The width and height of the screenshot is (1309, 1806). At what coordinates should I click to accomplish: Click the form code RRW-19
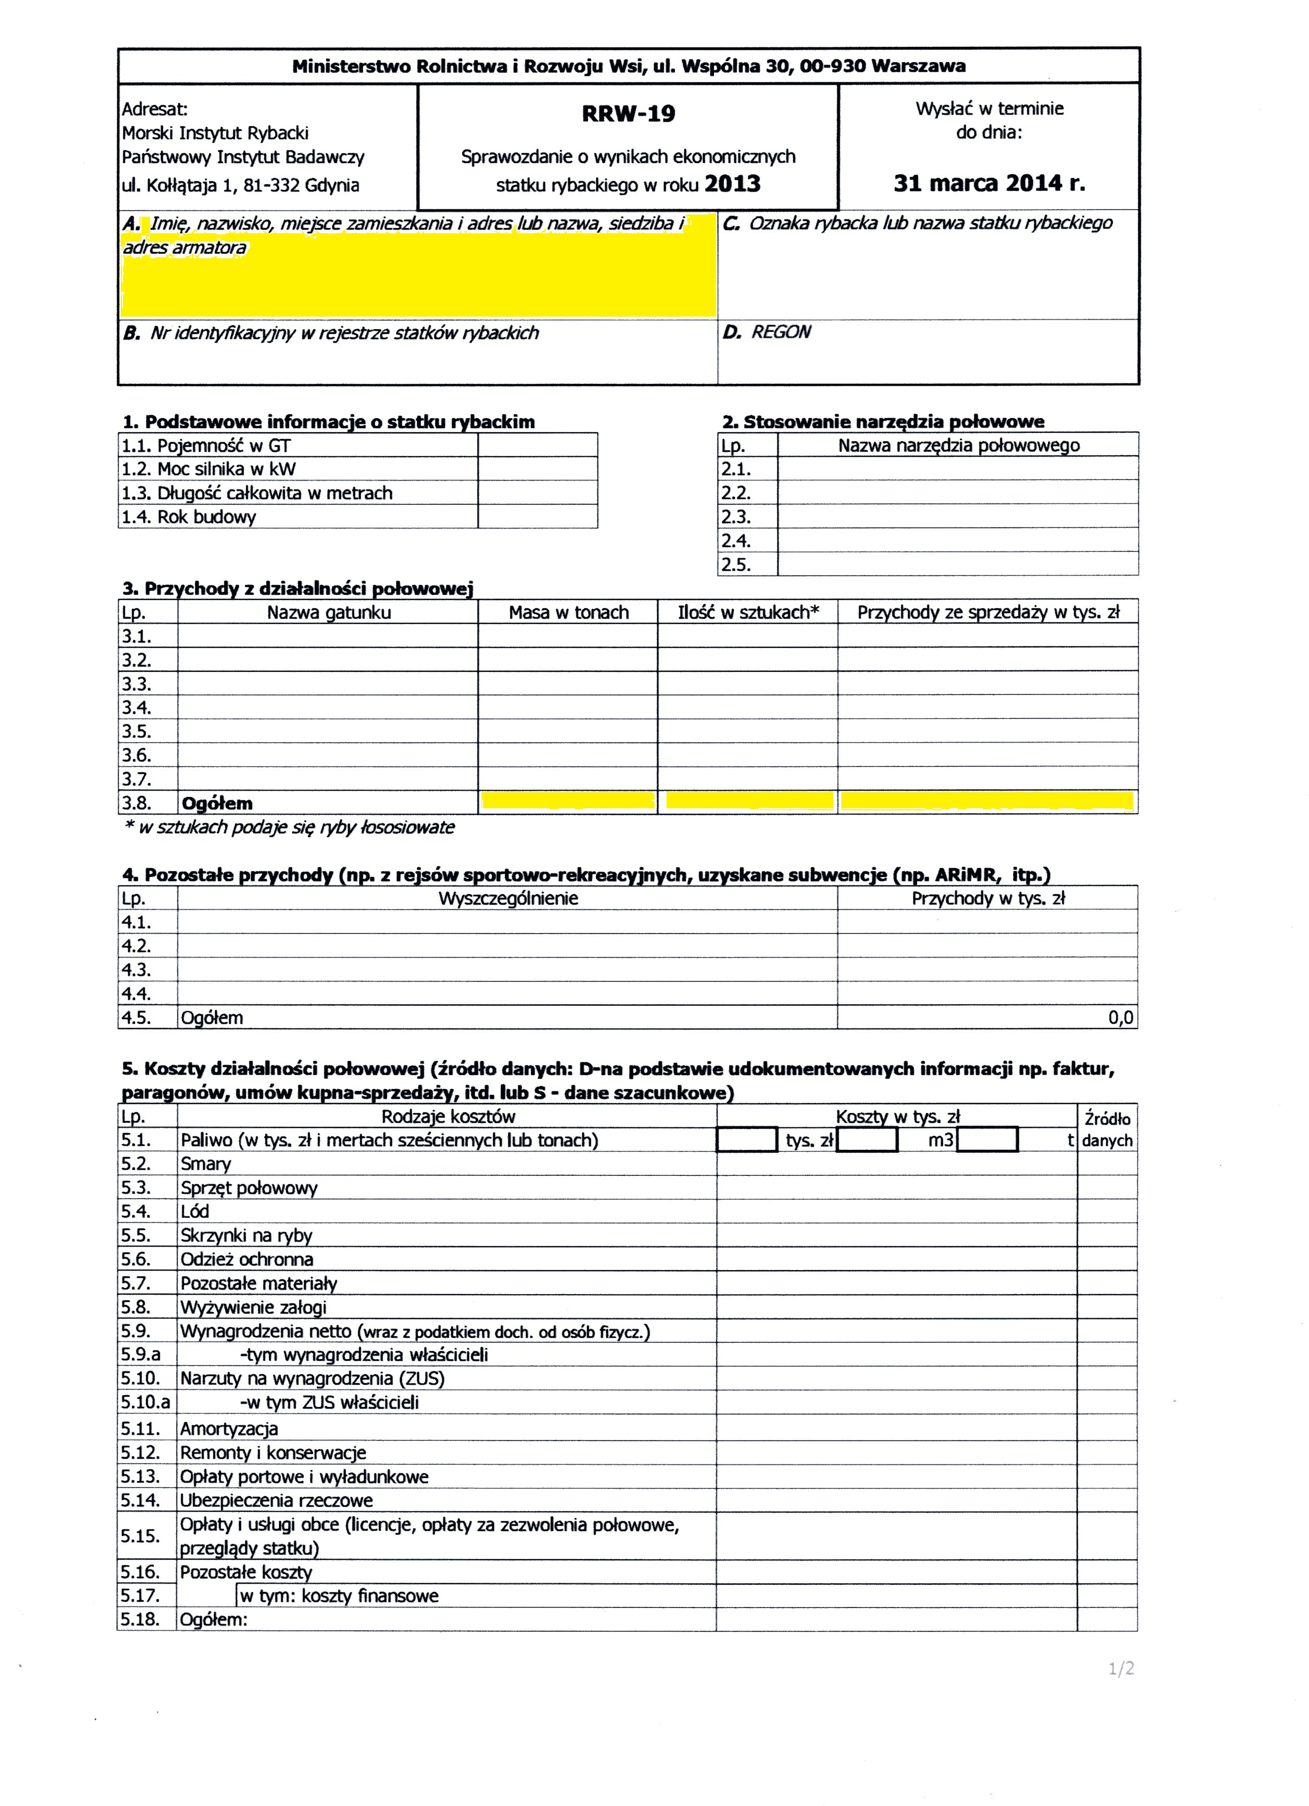tap(628, 114)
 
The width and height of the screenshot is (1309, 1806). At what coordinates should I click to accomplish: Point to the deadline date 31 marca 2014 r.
tap(989, 183)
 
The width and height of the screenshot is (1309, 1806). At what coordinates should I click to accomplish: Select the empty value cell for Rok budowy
tap(537, 517)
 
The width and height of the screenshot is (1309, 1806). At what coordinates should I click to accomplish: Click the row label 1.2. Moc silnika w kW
tap(209, 469)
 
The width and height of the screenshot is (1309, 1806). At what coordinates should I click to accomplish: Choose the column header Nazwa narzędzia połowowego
tap(958, 445)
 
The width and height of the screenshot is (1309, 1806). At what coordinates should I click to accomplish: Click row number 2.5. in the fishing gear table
tap(736, 565)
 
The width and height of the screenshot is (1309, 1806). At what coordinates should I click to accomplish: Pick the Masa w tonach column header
tap(569, 612)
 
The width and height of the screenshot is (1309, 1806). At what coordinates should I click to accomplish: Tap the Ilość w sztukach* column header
tap(748, 612)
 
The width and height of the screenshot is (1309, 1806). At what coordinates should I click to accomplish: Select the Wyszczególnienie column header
tap(508, 898)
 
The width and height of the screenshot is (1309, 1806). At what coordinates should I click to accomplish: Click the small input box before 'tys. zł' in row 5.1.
tap(747, 1140)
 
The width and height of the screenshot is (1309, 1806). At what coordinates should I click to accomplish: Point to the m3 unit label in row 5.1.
tap(940, 1140)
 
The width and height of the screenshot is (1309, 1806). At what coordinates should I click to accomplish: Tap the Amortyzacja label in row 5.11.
tap(229, 1428)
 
